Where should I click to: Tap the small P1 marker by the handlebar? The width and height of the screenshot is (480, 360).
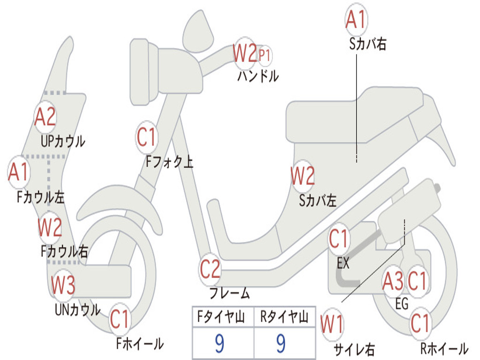point(264,56)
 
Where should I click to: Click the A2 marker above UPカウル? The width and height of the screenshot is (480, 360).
point(45,117)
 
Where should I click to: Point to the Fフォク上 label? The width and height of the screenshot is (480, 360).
point(169,161)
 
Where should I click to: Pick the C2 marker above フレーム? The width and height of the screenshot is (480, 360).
point(210,269)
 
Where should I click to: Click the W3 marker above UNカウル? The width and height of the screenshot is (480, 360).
point(63,285)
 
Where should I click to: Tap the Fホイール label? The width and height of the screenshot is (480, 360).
point(140,344)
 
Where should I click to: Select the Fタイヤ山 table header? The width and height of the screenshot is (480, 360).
point(221,316)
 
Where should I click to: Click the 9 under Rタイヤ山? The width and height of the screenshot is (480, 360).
point(281,344)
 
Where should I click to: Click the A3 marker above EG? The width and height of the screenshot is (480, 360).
point(393,281)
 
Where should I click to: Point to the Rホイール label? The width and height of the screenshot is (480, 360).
point(444,348)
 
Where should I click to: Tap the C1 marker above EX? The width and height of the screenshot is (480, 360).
point(338,239)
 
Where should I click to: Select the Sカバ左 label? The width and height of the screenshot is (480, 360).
point(317,201)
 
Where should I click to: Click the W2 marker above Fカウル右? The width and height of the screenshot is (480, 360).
point(50,227)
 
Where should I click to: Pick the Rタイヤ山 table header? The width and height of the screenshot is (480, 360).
point(284,316)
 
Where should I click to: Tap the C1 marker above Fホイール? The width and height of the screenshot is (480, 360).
point(120,319)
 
